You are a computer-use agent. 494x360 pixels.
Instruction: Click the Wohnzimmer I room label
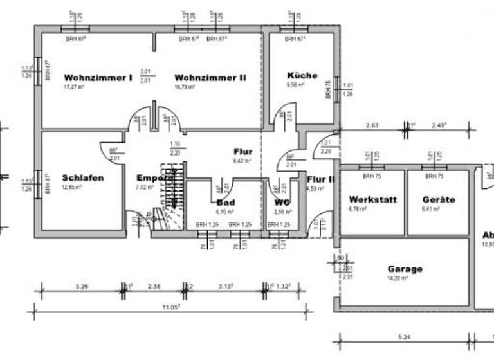98,77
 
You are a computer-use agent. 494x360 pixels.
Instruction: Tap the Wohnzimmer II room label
210,77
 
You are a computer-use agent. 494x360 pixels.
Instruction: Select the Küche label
302,75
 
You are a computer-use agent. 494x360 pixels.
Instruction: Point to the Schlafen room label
83,177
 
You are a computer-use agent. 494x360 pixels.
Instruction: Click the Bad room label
226,202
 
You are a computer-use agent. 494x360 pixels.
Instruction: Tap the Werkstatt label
372,199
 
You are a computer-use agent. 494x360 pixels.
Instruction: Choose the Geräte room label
439,199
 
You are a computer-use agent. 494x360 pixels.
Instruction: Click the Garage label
405,269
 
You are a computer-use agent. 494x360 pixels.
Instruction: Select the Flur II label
321,179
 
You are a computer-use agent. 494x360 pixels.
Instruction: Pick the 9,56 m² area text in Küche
295,84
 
